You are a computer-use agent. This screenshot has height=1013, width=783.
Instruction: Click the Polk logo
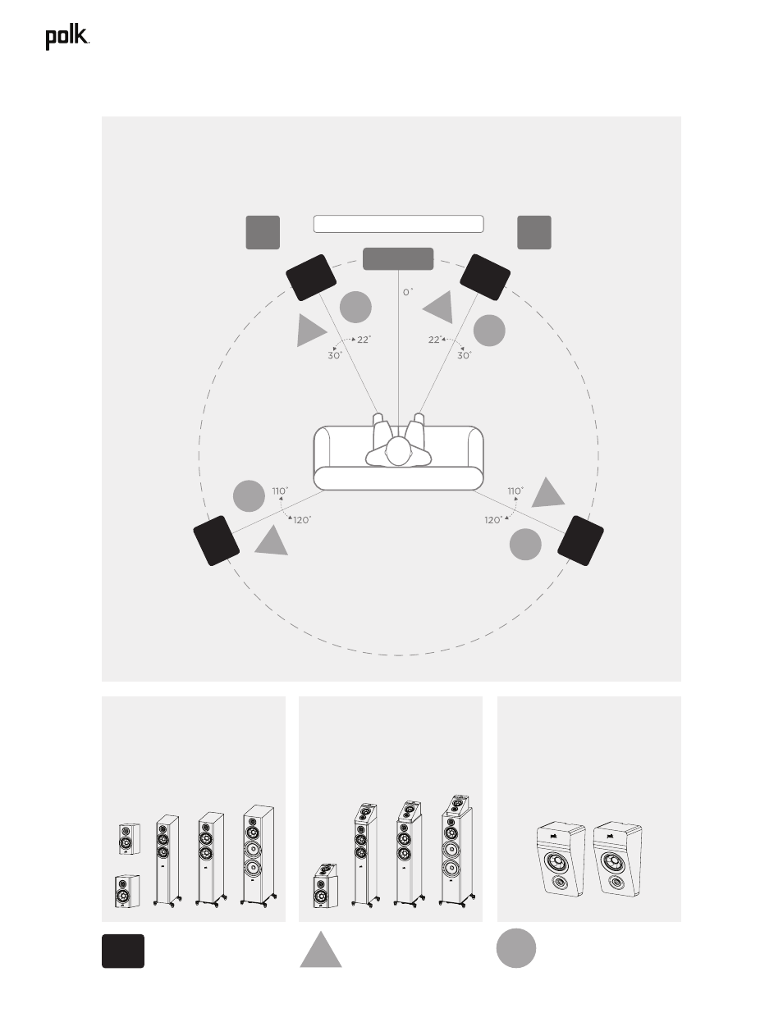pyautogui.click(x=67, y=38)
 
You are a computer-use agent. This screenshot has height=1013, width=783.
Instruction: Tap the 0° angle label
pyautogui.click(x=408, y=292)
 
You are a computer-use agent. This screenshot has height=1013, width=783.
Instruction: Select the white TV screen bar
pyautogui.click(x=399, y=224)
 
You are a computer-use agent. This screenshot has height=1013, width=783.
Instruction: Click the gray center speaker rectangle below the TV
pyautogui.click(x=398, y=258)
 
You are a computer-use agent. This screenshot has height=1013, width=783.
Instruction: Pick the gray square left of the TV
pyautogui.click(x=263, y=232)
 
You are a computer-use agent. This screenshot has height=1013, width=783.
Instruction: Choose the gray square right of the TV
pyautogui.click(x=534, y=232)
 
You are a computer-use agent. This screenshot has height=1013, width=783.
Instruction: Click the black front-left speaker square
pyautogui.click(x=311, y=277)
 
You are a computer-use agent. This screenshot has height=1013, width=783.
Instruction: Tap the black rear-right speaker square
pyautogui.click(x=580, y=541)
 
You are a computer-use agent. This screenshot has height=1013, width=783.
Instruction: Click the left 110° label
pyautogui.click(x=280, y=491)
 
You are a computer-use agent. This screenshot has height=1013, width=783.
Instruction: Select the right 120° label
pyautogui.click(x=493, y=520)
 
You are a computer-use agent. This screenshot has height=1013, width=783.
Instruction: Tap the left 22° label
pyautogui.click(x=364, y=340)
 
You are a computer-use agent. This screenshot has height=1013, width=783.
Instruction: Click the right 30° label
pyautogui.click(x=465, y=355)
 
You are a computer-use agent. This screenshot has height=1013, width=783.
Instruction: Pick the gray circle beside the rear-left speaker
pyautogui.click(x=249, y=496)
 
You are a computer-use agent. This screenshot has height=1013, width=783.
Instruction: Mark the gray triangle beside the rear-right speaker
pyautogui.click(x=548, y=494)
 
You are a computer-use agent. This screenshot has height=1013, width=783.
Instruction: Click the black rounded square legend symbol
pyautogui.click(x=123, y=951)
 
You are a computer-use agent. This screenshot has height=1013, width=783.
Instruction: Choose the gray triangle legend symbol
pyautogui.click(x=321, y=951)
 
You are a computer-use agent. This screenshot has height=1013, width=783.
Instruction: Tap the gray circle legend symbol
pyautogui.click(x=516, y=948)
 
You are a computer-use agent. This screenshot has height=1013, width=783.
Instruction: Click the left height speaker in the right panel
pyautogui.click(x=561, y=859)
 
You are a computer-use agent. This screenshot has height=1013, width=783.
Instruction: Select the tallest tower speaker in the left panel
pyautogui.click(x=259, y=856)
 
